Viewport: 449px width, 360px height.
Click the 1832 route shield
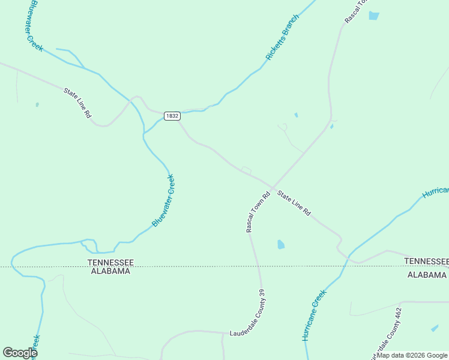tap(172, 116)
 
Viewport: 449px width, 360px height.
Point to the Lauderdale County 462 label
tap(390, 333)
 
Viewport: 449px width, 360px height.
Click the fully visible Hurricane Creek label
tap(314, 315)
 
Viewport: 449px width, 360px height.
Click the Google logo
tap(20, 353)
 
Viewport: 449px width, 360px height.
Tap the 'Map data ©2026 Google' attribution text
tap(412, 355)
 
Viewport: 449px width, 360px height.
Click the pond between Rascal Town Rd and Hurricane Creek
tap(280, 244)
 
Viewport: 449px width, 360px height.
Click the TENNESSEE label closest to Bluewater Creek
tap(110, 262)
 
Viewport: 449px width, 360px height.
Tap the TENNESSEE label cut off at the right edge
tap(426, 261)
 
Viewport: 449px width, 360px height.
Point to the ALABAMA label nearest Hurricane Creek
tap(427, 275)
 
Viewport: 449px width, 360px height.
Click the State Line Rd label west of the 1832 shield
tap(77, 102)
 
